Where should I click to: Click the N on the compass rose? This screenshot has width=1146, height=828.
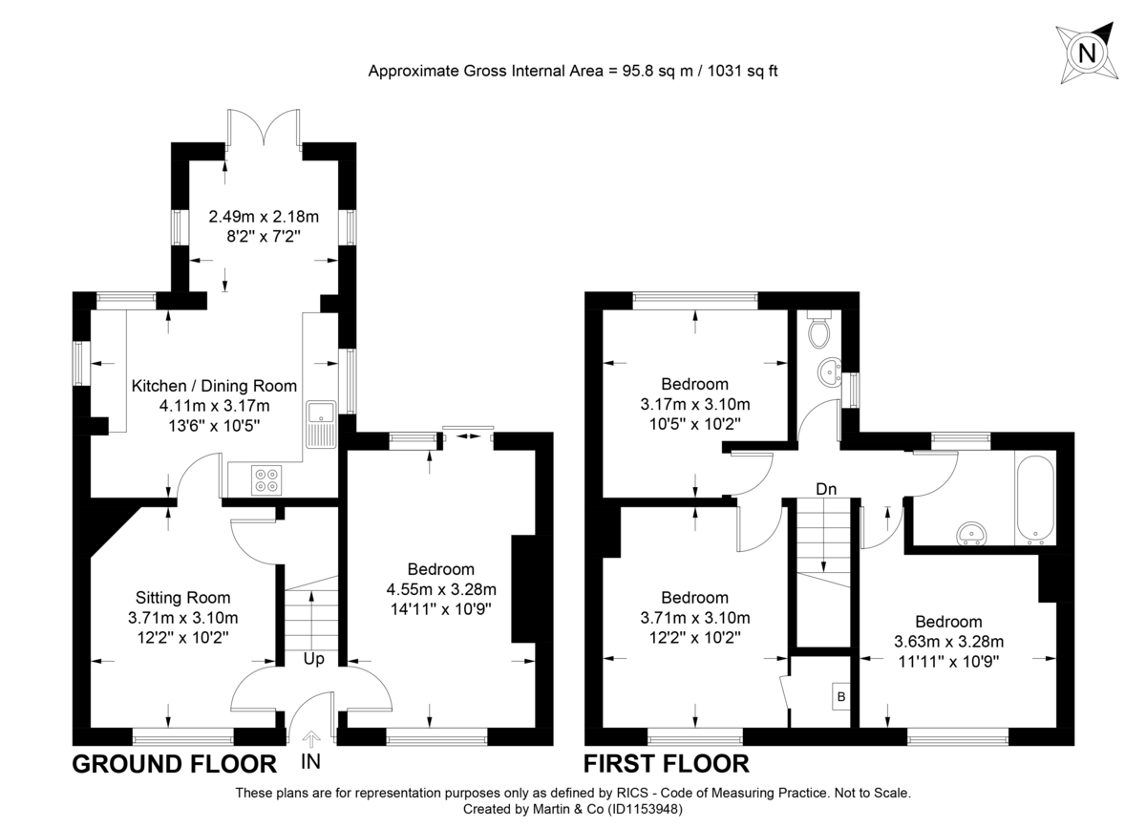1087,53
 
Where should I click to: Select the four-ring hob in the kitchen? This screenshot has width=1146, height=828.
266,478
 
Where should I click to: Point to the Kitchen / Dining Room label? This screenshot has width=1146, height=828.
214,386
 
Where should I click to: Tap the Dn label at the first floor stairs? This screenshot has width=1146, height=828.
826,489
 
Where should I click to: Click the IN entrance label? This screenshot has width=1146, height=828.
310,762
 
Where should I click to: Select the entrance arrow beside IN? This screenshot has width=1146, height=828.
310,739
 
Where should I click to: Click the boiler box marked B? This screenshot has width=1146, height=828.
840,697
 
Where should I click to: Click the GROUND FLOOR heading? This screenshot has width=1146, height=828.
175,763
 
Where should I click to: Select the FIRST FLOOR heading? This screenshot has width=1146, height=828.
666,763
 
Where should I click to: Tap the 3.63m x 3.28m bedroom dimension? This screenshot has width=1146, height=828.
947,642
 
